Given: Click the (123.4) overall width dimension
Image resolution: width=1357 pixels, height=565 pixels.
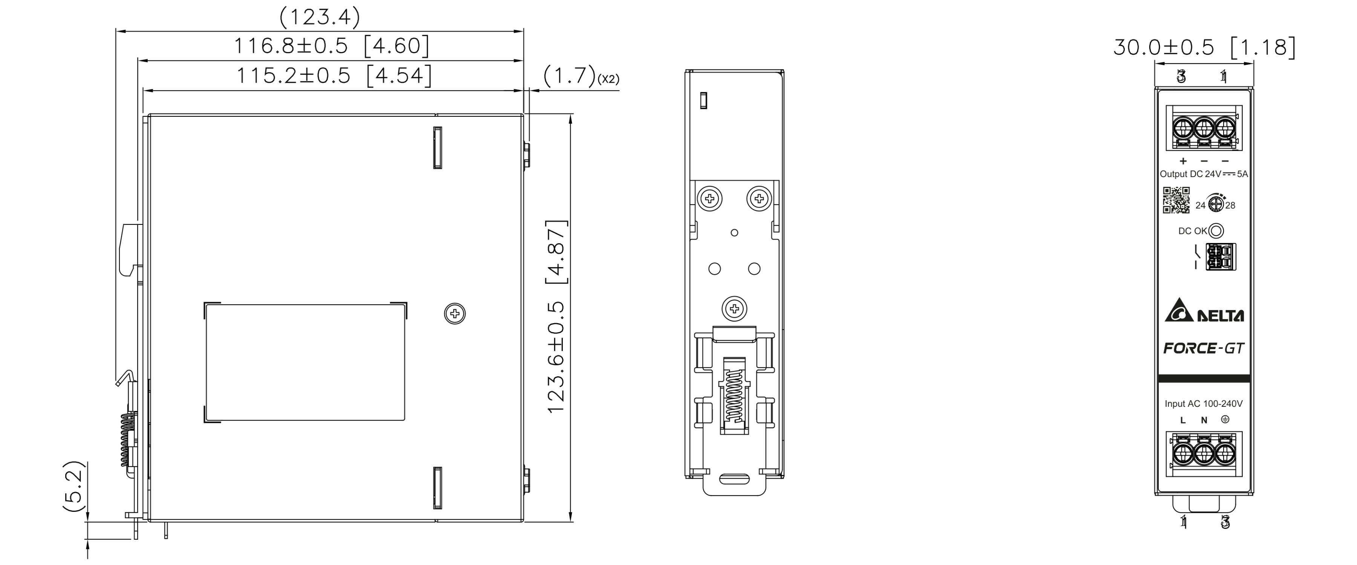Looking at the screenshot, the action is click(x=320, y=17).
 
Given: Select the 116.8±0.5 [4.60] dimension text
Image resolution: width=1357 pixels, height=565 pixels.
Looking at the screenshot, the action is click(x=331, y=46).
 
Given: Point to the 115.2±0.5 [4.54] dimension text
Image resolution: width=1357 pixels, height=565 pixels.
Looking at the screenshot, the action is click(x=334, y=76).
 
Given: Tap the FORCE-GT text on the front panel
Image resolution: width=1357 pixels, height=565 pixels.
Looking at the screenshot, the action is click(x=1204, y=348).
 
